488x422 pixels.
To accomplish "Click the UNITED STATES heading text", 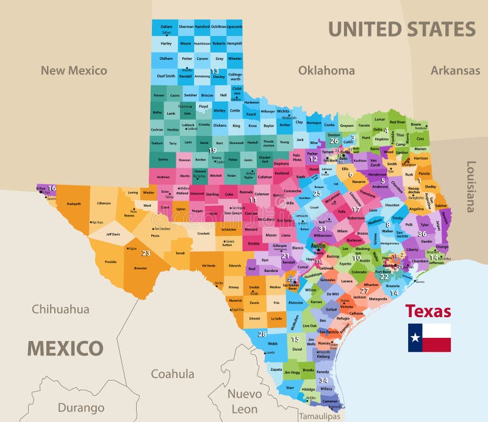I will [401, 29].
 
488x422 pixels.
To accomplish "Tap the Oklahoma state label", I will [326, 70].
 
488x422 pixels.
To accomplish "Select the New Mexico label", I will [74, 70].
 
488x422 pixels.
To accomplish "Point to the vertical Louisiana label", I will [470, 186].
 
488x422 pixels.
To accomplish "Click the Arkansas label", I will [455, 70].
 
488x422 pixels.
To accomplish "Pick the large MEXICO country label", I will [65, 348].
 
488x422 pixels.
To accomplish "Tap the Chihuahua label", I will [60, 309].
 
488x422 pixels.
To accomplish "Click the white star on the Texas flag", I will [415, 337].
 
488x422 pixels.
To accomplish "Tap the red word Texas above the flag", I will [428, 311].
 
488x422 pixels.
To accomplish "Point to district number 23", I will [145, 253].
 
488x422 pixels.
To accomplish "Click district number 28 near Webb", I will [262, 334].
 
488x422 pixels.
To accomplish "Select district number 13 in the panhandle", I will [215, 71].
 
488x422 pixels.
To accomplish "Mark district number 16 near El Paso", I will [52, 188].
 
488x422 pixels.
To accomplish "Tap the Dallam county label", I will [167, 27].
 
